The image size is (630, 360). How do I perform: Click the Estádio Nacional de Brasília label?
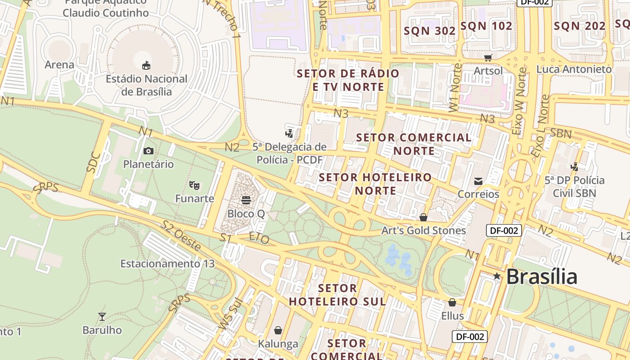146,85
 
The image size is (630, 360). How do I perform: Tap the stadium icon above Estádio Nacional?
146,66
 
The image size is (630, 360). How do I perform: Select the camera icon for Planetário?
148,151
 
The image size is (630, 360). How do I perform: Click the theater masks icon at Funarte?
194,185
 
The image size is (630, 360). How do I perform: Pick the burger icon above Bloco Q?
246,200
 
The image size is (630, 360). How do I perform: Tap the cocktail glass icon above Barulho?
102,317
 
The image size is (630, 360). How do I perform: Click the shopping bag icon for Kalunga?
278,331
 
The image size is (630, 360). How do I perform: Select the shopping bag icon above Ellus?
452,302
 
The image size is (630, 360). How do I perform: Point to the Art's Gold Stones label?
423,230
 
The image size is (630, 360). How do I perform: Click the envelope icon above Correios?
478,181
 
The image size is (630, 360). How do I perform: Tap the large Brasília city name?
541,276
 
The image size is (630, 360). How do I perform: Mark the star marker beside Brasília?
497,276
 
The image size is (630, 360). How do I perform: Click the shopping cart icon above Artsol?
488,58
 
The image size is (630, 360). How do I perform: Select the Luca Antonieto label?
574,69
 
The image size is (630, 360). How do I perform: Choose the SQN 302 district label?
429,31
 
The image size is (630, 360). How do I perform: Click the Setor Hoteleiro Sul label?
337,294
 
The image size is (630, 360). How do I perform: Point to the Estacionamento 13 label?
167,264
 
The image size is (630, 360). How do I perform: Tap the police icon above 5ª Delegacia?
289,133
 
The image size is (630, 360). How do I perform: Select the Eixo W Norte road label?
519,101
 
